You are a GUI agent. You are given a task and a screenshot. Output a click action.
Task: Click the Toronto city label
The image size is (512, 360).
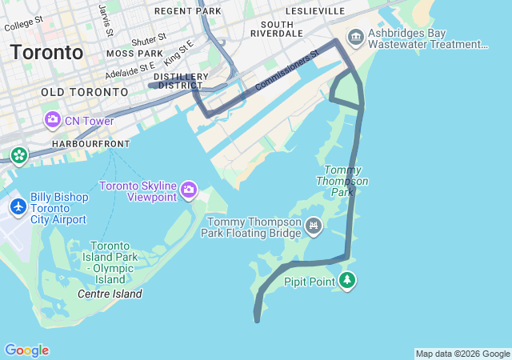(x=46, y=53)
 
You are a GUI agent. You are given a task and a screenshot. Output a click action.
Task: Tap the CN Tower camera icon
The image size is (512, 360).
(x=53, y=120)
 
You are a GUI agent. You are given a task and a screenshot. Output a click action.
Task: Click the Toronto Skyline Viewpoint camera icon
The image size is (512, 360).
(x=189, y=190)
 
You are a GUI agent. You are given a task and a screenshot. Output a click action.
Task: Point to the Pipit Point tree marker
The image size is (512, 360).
(x=347, y=280)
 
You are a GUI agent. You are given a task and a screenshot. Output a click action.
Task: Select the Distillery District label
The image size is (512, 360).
(x=183, y=81)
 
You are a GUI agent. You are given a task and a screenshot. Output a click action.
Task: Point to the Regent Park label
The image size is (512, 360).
(x=187, y=11)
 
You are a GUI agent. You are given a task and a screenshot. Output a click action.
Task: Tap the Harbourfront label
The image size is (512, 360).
(x=90, y=143)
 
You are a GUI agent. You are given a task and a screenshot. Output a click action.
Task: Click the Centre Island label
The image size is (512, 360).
(x=110, y=294)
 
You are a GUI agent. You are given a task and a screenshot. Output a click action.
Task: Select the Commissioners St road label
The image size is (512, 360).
(x=286, y=71)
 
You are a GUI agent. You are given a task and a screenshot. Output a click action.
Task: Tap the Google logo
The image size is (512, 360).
(x=26, y=350)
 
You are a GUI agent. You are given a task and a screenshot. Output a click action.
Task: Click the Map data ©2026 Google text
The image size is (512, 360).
(x=462, y=354)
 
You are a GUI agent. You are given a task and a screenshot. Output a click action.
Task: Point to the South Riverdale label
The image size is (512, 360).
(x=276, y=28)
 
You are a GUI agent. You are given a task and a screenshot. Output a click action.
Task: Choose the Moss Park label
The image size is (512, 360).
(x=134, y=54)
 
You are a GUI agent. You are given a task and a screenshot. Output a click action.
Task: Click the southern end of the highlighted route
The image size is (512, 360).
(x=257, y=320)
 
